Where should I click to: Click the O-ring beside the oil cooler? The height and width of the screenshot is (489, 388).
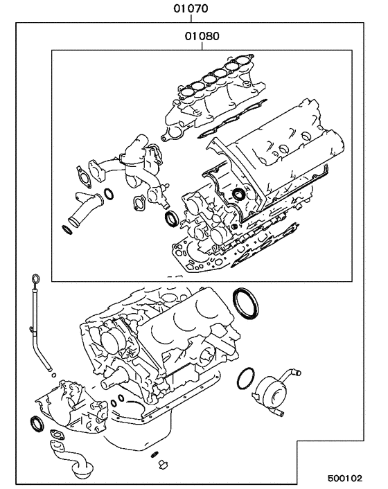[245, 378]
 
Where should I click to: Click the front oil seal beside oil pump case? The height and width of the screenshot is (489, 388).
[35, 423]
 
